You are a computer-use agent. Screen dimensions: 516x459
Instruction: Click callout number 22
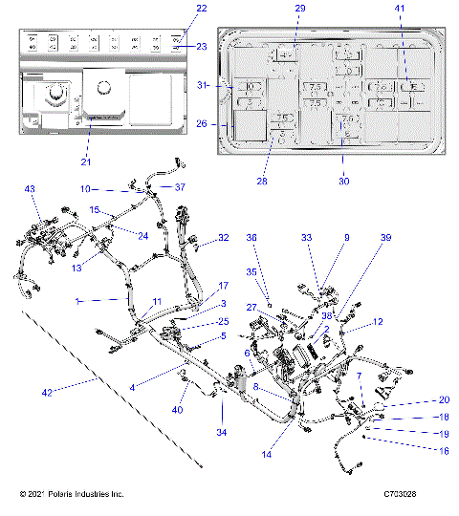coord(200,8)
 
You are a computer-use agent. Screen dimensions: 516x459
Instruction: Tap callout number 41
coord(400,8)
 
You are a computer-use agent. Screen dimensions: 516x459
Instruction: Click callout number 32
coord(224,237)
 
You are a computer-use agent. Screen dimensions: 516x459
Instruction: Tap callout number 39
coord(385,237)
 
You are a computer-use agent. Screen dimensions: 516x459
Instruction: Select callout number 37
coord(180,187)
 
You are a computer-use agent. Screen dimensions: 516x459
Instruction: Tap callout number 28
coord(260,181)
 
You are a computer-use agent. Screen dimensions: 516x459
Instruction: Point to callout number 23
coord(202,46)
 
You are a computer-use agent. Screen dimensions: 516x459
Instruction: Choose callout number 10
coord(84,188)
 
